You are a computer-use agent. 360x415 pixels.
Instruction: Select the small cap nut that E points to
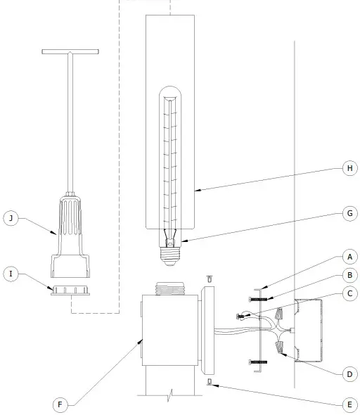click(210, 382)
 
